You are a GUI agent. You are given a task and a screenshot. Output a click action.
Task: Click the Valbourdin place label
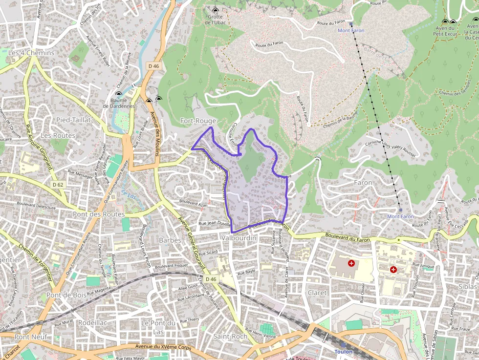[x=239, y=238]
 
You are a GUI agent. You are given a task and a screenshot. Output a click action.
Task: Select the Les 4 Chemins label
[x=31, y=53]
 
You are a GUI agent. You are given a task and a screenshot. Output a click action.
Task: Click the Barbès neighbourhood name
[x=170, y=240]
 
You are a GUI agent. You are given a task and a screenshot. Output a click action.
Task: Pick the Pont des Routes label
[x=99, y=214]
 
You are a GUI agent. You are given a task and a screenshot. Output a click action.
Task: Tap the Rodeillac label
[x=92, y=323]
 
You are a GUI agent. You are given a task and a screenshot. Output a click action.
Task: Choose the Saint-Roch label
[x=230, y=337]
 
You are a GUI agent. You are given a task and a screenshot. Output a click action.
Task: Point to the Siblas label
[x=467, y=287]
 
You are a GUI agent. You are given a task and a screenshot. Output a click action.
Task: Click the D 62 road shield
[x=58, y=185]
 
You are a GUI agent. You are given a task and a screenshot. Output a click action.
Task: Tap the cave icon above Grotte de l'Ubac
[x=216, y=10]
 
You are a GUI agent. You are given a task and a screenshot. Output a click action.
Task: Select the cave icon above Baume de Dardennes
[x=118, y=94]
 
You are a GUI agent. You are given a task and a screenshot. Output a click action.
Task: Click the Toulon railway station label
[x=343, y=352]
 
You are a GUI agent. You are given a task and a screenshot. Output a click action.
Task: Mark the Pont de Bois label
[x=66, y=296]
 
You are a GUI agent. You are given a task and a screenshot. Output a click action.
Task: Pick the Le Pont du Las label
[x=158, y=327]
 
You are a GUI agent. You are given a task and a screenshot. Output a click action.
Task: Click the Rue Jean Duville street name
[x=214, y=223]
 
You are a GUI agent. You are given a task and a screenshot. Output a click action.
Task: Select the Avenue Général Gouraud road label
[x=191, y=239]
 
